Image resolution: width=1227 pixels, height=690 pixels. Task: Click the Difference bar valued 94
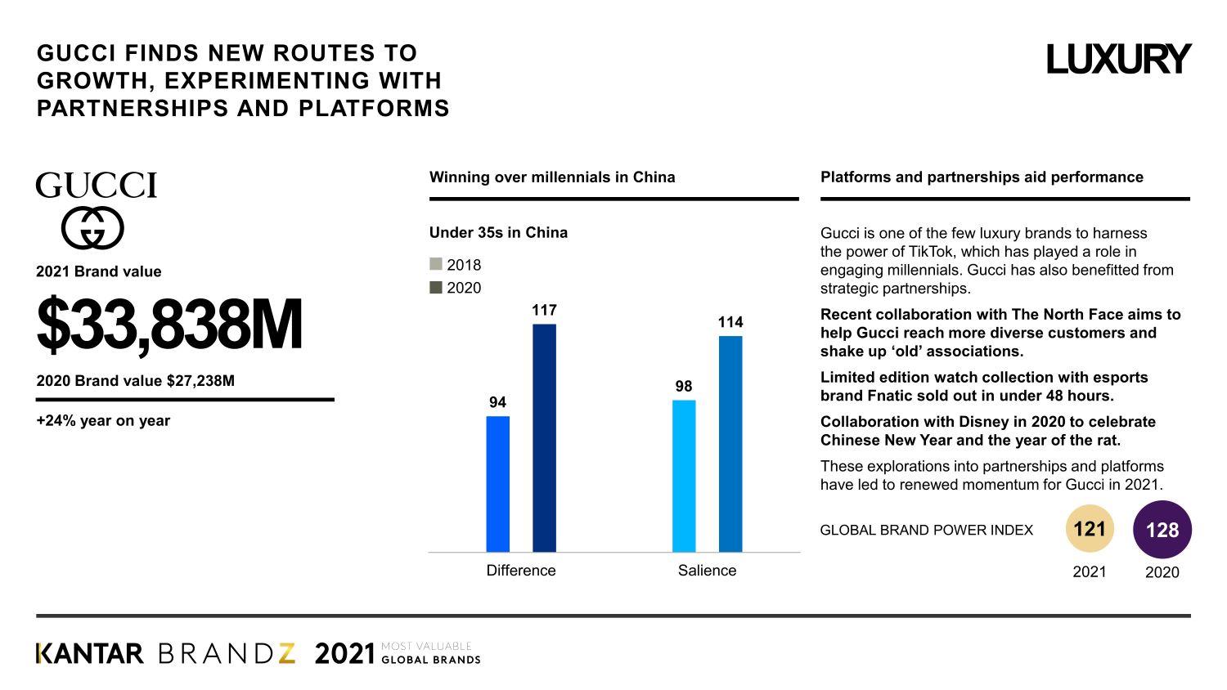click(497, 484)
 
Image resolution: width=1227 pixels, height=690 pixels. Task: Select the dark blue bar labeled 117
click(544, 437)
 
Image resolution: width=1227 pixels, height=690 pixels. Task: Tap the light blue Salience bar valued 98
click(684, 476)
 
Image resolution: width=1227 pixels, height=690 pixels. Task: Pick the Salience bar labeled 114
click(730, 444)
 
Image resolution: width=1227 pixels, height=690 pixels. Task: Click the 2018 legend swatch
click(436, 264)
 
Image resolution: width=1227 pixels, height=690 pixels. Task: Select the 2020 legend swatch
click(436, 287)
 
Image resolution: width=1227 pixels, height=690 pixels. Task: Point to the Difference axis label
click(521, 571)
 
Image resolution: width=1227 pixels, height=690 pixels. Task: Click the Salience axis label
click(707, 571)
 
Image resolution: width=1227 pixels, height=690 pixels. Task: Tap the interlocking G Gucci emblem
click(92, 228)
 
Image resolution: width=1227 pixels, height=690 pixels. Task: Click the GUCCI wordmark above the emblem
click(96, 186)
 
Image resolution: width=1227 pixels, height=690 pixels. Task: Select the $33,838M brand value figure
click(169, 325)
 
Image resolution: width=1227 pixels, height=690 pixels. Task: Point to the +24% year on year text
click(103, 421)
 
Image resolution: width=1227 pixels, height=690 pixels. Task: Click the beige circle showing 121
click(1090, 529)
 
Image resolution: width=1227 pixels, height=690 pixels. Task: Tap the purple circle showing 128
click(1162, 530)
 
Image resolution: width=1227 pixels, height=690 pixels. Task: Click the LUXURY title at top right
click(1118, 60)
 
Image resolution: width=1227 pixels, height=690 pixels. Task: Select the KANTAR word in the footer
click(90, 654)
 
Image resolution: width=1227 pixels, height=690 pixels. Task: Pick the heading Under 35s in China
click(498, 232)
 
